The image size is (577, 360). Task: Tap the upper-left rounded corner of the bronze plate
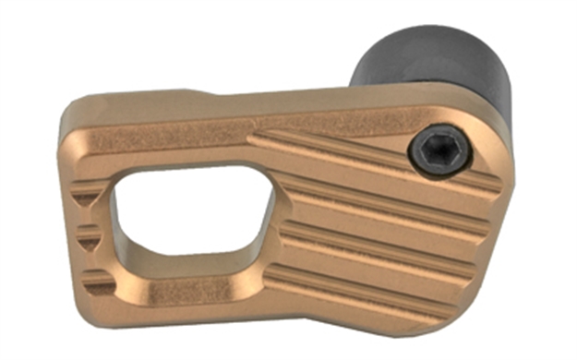tap(74, 125)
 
